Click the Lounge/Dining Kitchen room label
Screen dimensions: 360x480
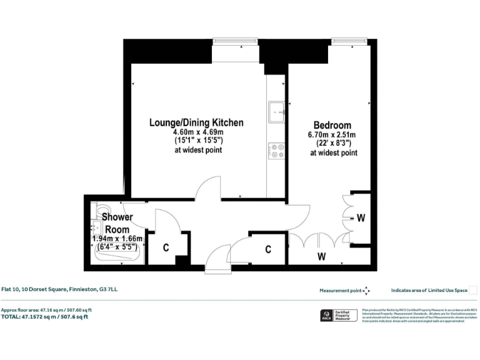(x=196, y=122)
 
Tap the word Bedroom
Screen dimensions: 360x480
(x=332, y=126)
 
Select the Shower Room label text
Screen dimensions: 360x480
(x=117, y=223)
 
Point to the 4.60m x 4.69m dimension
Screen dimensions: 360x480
(x=198, y=132)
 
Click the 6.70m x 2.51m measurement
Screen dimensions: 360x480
(x=331, y=135)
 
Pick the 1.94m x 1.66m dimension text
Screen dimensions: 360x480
(x=117, y=239)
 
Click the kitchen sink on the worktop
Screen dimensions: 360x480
(x=276, y=112)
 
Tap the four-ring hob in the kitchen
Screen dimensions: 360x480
(x=276, y=151)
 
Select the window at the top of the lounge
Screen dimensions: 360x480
(x=231, y=41)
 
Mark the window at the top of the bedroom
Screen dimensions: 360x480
(x=349, y=41)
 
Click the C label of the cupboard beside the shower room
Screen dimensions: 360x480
(x=166, y=247)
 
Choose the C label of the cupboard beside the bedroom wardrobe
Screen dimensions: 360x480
(x=268, y=249)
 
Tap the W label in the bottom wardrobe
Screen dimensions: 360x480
(x=321, y=256)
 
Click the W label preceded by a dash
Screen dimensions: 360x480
(x=360, y=218)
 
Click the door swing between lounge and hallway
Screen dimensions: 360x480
(x=207, y=187)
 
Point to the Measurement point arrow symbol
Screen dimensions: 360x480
(x=366, y=290)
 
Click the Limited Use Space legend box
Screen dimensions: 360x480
(x=473, y=290)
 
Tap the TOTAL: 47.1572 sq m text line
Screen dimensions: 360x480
(x=44, y=317)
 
